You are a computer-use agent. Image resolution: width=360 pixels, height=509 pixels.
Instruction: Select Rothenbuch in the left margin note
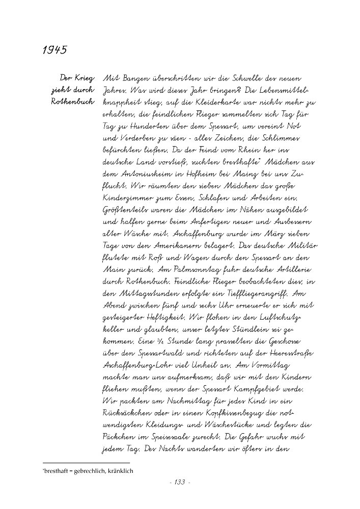coord(72,102)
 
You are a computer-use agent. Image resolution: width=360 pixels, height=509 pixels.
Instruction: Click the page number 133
coord(180,482)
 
